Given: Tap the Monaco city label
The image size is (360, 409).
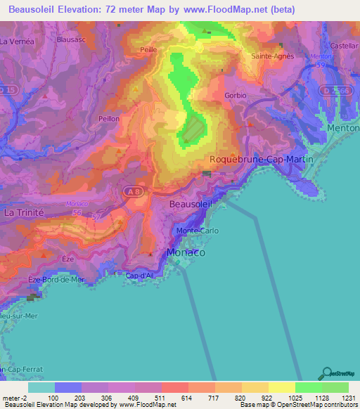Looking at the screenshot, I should (186, 252).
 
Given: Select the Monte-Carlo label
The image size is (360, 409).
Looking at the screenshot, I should (198, 231).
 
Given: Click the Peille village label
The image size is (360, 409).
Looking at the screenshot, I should (148, 50).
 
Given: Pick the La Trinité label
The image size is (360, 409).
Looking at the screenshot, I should (25, 212).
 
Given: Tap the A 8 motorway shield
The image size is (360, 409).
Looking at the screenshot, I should (134, 190).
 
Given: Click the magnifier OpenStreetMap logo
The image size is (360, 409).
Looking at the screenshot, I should (326, 374).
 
